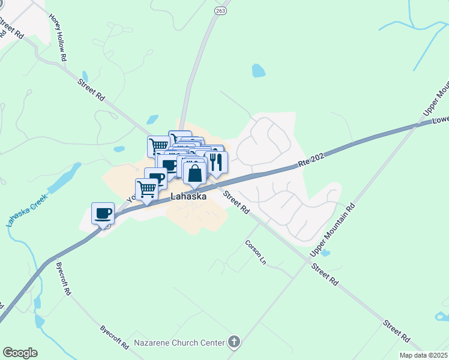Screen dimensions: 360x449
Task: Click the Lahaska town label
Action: [189, 196]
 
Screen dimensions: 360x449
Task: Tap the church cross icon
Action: [234, 343]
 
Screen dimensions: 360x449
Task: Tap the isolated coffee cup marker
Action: [103, 213]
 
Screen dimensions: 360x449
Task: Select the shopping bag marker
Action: [194, 173]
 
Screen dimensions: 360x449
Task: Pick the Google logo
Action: [20, 353]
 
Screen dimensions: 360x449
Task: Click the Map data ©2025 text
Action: [423, 355]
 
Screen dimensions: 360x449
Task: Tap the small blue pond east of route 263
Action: [258, 71]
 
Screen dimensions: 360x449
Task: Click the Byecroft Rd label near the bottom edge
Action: [114, 338]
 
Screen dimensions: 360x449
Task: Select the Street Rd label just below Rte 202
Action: [237, 202]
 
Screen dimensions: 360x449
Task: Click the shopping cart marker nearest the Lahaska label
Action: [146, 189]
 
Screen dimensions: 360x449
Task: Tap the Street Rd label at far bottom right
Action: [397, 331]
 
